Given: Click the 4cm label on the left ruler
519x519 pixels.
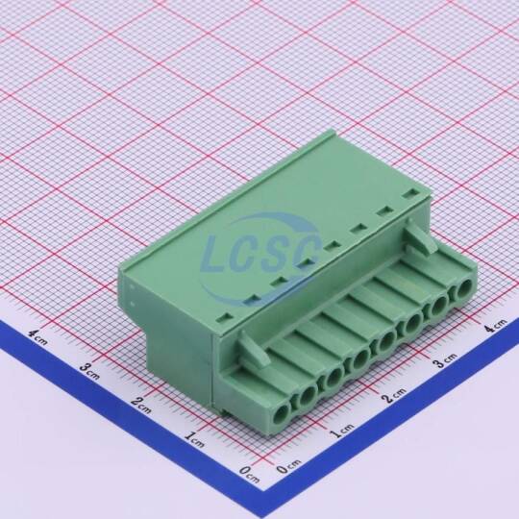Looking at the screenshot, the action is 37,337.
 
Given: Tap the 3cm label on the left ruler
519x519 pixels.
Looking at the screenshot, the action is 89,371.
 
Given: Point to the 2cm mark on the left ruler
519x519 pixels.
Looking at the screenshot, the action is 141,406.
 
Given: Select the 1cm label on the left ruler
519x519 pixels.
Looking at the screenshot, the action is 194,439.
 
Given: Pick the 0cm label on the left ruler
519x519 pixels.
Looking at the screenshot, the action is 249,474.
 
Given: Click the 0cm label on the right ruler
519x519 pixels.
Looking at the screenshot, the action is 288,466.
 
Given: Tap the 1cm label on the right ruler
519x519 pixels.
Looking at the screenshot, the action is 342,430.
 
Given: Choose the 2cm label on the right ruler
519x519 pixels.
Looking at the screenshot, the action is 394,395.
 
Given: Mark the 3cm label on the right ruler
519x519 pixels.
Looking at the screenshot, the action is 446,360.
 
